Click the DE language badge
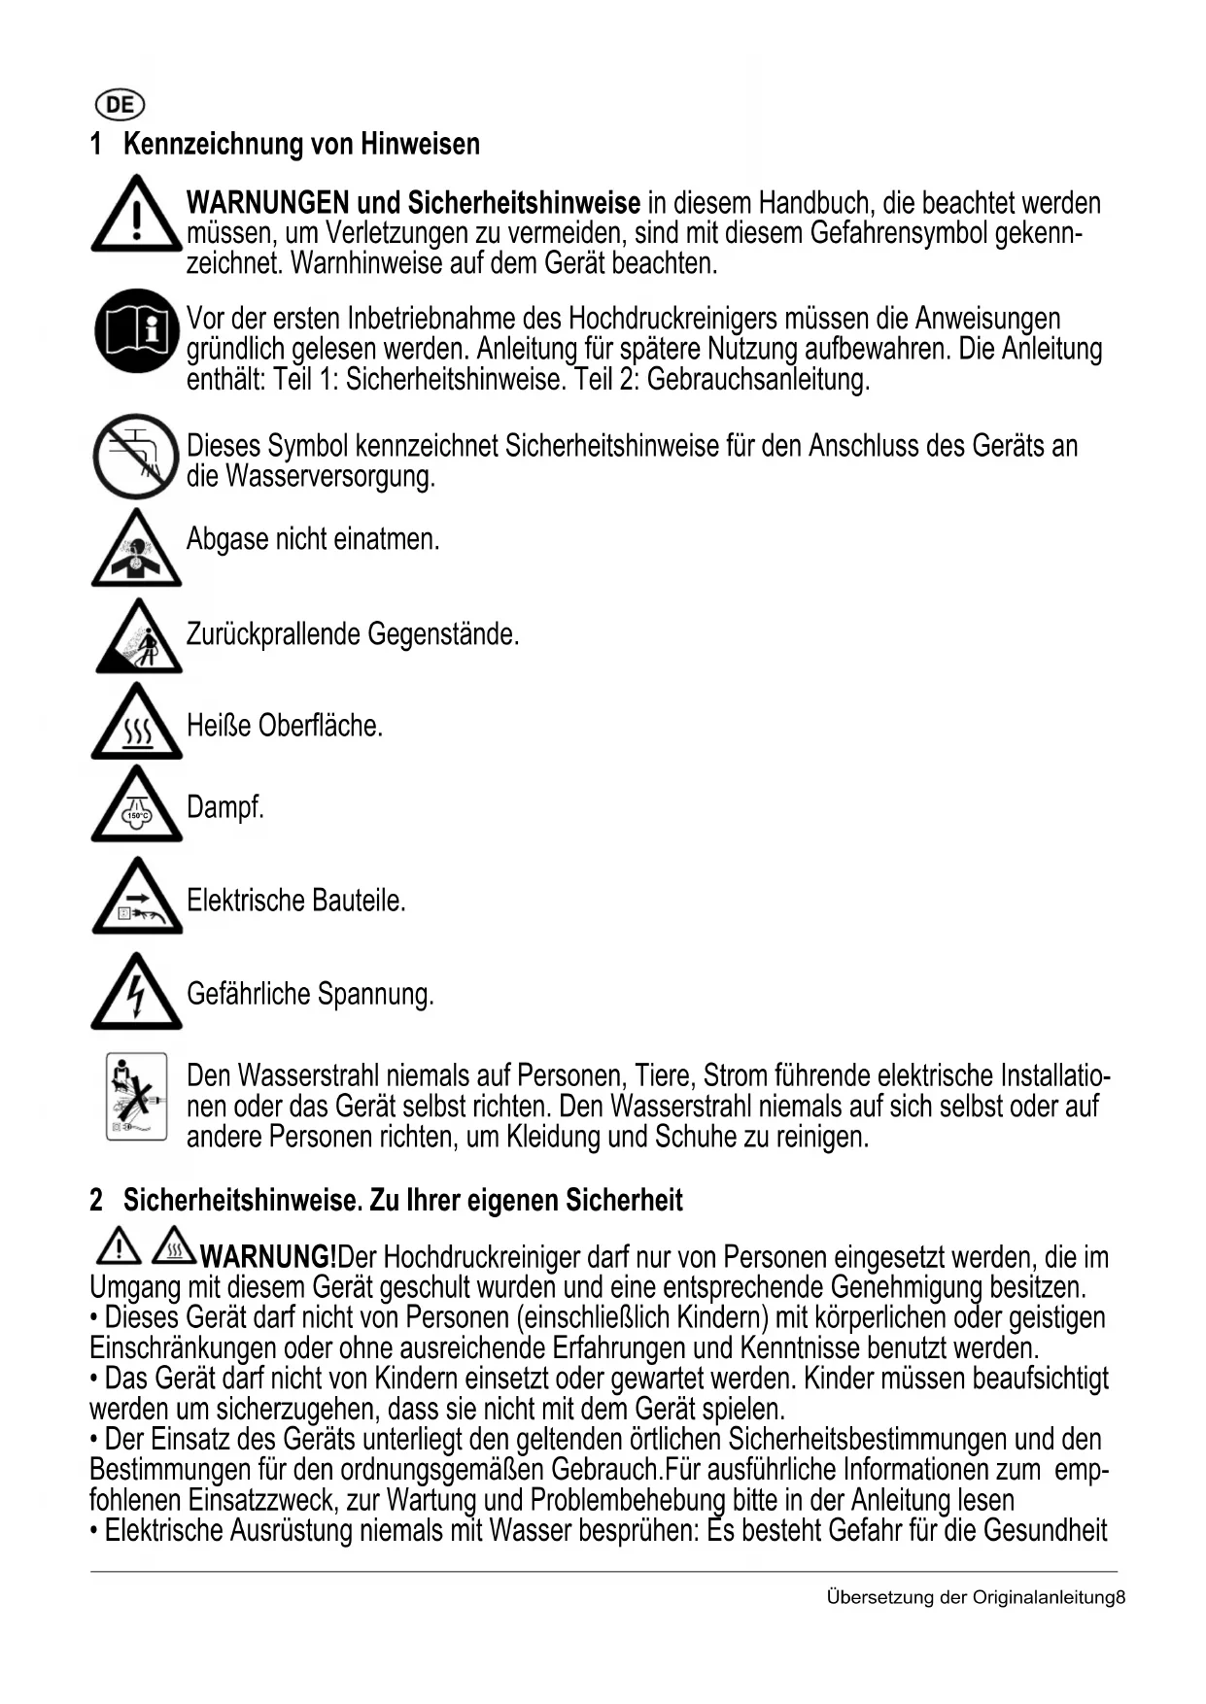pos(119,105)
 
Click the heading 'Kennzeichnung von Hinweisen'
pos(301,145)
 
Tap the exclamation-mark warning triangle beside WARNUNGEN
pos(137,215)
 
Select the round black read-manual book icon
pos(137,331)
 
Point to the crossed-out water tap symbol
pos(136,456)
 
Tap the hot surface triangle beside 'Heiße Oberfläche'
pos(137,724)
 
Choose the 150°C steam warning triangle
pos(137,807)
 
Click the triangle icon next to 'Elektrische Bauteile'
pos(137,900)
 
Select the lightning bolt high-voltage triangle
pos(137,994)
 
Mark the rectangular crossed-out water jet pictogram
pos(137,1097)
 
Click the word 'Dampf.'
pos(225,807)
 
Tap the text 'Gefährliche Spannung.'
pos(310,995)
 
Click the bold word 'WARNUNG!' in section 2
pos(268,1257)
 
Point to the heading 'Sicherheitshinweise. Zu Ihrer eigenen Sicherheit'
pos(402,1201)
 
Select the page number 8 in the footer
pos(1120,1598)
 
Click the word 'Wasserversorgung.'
pos(329,477)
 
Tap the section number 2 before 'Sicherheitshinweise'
pos(96,1201)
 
